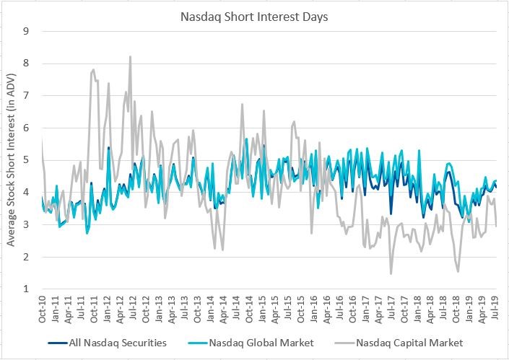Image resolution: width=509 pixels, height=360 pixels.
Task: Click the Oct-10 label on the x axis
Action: coord(42,308)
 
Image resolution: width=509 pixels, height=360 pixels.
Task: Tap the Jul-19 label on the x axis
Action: coord(496,308)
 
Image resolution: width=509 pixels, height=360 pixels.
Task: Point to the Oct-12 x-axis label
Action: coord(146,308)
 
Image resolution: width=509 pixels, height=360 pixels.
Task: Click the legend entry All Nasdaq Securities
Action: coord(115,343)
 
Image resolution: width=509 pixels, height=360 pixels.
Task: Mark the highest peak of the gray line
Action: coord(130,56)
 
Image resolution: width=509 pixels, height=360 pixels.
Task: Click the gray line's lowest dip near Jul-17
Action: coord(391,273)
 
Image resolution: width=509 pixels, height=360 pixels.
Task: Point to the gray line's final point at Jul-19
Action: coord(496,226)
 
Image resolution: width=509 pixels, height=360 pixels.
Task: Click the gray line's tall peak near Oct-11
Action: coord(94,70)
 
